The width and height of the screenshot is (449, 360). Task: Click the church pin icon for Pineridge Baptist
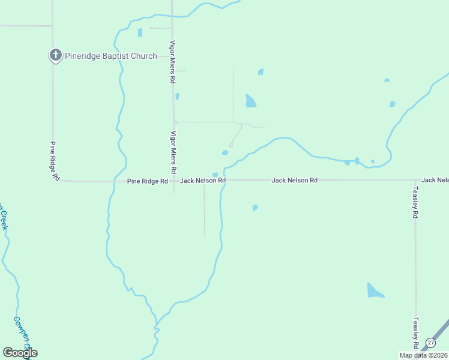(55, 56)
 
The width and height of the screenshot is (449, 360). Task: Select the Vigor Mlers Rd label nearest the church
(172, 62)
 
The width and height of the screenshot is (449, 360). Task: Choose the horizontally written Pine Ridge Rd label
(147, 181)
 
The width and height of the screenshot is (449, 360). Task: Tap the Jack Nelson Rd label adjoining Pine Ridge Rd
(203, 180)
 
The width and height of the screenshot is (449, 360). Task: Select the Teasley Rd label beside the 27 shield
(415, 333)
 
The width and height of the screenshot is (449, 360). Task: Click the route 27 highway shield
(430, 343)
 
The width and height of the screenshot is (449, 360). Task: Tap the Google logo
(20, 353)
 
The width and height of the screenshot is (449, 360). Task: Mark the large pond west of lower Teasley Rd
(375, 291)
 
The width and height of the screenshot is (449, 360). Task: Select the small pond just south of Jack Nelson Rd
(255, 208)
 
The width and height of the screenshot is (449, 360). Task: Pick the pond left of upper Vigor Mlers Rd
(140, 32)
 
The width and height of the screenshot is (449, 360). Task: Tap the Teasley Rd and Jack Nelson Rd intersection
(415, 180)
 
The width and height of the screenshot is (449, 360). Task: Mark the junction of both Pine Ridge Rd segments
(57, 180)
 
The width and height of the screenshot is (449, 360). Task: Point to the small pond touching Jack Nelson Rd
(215, 175)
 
